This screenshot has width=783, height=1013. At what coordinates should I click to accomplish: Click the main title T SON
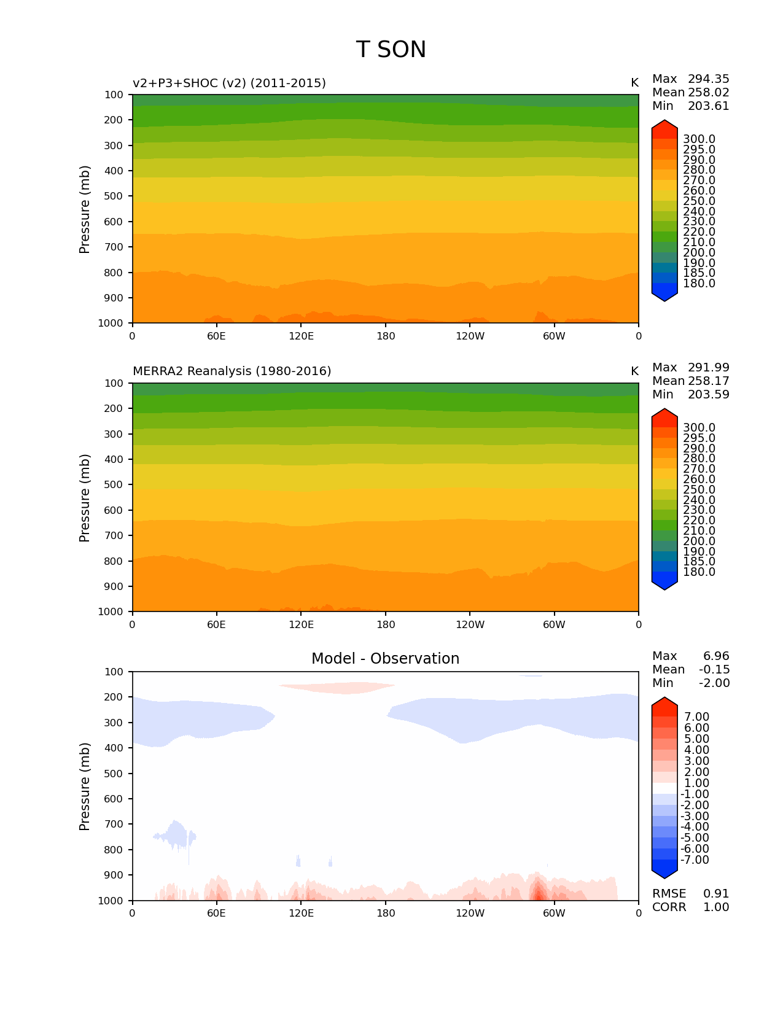coord(391,50)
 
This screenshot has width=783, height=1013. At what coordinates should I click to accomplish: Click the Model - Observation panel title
coord(385,659)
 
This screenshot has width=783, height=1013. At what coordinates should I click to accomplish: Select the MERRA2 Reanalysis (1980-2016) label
coord(232,371)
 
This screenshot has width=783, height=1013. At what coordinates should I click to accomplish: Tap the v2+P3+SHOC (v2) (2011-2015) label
coord(229,83)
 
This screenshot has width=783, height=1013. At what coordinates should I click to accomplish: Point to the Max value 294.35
coord(708,79)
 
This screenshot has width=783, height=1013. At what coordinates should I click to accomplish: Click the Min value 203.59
coord(708,395)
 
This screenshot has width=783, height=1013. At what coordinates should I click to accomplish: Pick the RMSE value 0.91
coord(716,894)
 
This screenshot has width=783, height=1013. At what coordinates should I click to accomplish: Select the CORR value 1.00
coord(716,907)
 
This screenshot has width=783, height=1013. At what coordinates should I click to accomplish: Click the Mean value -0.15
coord(713,670)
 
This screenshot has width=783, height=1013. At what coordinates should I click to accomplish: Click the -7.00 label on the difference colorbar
coord(695,860)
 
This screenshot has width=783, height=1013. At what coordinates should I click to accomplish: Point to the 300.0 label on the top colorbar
coord(699,139)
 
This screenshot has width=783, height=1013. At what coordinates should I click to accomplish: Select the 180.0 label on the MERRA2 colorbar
coord(699,572)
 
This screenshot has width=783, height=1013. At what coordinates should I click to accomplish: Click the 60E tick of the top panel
coord(216,336)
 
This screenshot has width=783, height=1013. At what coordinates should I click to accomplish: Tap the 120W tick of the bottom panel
coord(470,914)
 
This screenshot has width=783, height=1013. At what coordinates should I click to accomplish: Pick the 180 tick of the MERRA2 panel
coord(386,625)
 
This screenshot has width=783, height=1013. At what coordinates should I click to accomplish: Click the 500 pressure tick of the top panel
coord(114,196)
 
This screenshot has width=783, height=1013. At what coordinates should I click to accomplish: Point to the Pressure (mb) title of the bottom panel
coord(85,786)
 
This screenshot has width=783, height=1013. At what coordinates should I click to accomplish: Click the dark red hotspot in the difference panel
coord(538,891)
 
